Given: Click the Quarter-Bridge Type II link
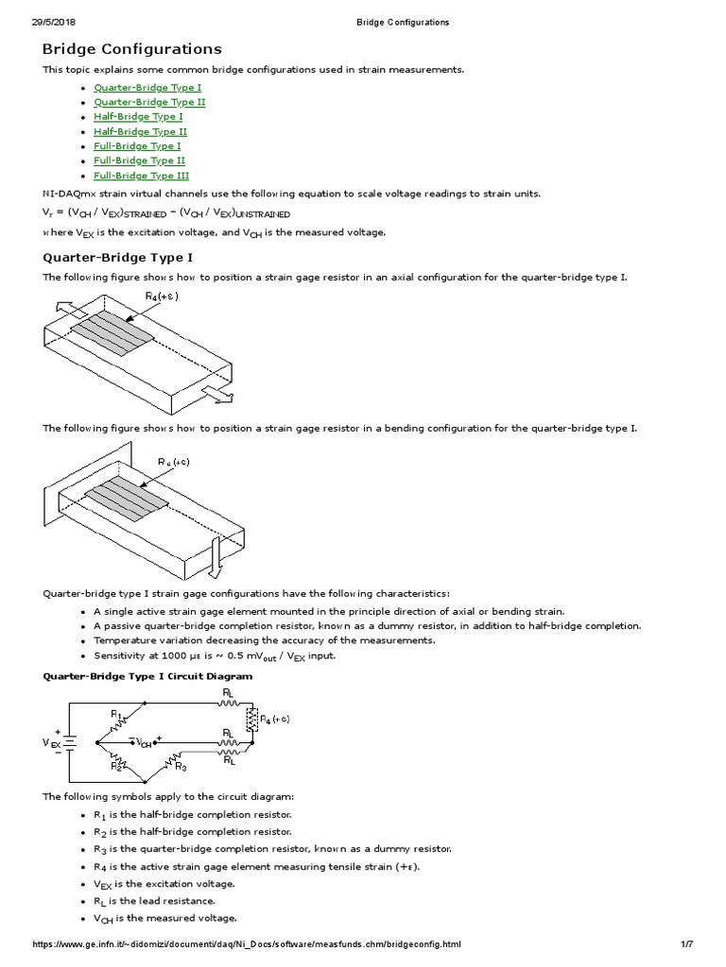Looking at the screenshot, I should click(x=149, y=102).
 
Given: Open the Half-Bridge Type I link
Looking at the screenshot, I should click(x=138, y=117).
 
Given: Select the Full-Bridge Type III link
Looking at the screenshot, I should click(x=141, y=176).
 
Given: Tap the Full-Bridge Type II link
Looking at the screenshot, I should click(x=139, y=161).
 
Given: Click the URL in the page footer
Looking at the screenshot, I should click(x=247, y=944).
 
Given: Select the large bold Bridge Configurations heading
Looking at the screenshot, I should click(x=132, y=48).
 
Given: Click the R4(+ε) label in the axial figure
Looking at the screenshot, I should click(x=162, y=297).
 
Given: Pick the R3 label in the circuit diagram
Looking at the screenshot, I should click(x=181, y=767).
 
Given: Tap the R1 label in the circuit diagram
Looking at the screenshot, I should click(x=115, y=715).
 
